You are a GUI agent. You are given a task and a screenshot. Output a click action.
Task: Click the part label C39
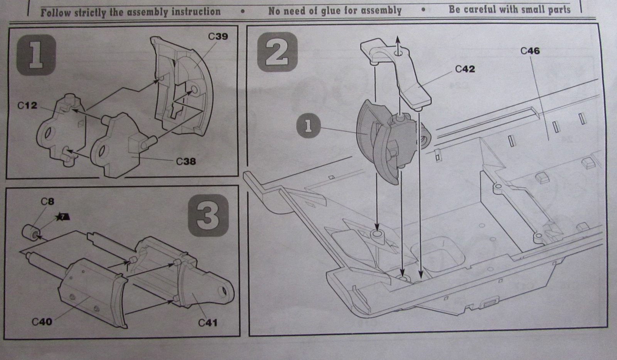(218, 37)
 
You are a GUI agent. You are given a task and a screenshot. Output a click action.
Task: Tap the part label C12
(27, 105)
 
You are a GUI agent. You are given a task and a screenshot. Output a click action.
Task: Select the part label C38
(186, 161)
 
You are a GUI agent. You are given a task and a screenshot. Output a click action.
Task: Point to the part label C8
(47, 201)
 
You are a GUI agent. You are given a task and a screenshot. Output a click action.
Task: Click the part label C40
(42, 321)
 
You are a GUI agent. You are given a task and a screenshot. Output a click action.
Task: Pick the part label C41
(208, 323)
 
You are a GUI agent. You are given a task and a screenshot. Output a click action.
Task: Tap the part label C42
(465, 69)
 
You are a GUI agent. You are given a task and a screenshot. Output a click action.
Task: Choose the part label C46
(530, 51)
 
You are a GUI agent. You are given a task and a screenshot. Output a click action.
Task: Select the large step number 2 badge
(277, 52)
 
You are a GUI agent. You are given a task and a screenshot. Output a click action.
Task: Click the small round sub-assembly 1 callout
(308, 126)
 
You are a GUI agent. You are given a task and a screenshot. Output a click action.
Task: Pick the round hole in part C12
(49, 135)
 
